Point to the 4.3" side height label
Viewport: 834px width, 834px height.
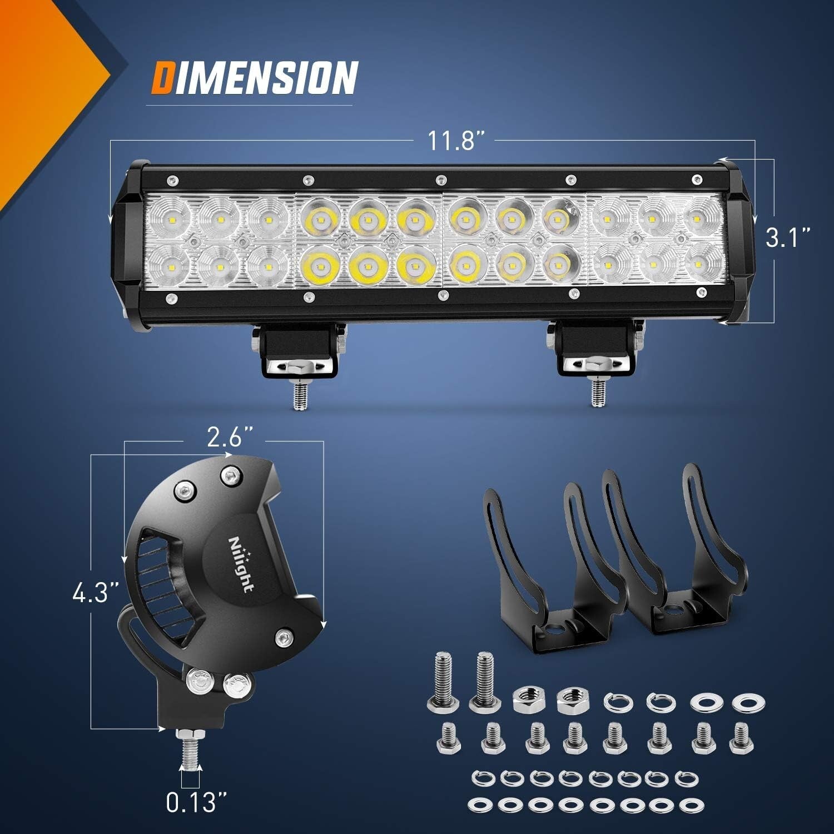click(95, 592)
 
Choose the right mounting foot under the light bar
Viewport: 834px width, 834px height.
click(595, 353)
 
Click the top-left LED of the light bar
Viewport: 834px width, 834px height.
click(171, 219)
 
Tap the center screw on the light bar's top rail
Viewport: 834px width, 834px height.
click(441, 179)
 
